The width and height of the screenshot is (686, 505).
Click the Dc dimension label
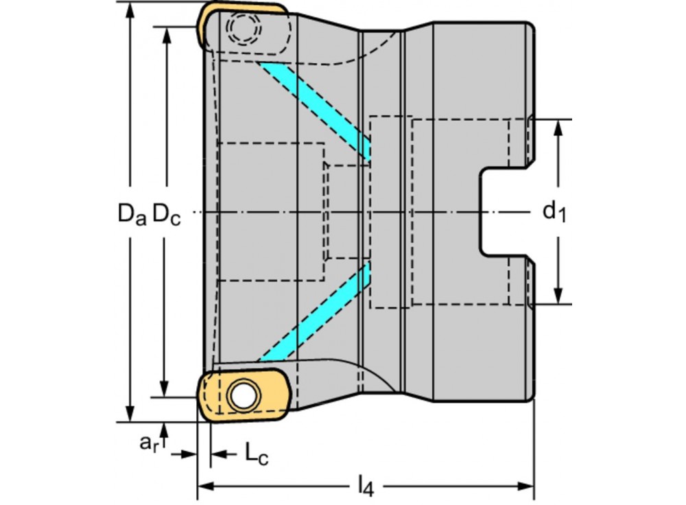click(167, 214)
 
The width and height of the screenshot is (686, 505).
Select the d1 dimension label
click(554, 212)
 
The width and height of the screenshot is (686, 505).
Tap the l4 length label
click(366, 486)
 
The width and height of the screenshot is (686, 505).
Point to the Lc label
click(255, 454)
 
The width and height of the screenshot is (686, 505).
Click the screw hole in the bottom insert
click(241, 395)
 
